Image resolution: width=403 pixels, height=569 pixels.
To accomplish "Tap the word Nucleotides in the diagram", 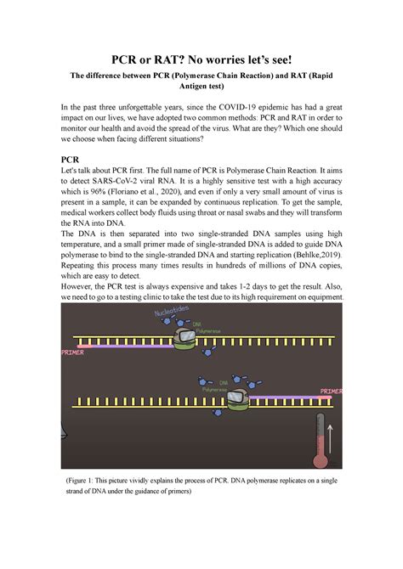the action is [x=168, y=319].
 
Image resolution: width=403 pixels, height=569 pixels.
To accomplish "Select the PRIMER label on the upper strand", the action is [x=74, y=351].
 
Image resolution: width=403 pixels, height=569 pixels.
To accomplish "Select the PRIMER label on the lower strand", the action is [x=332, y=392].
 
